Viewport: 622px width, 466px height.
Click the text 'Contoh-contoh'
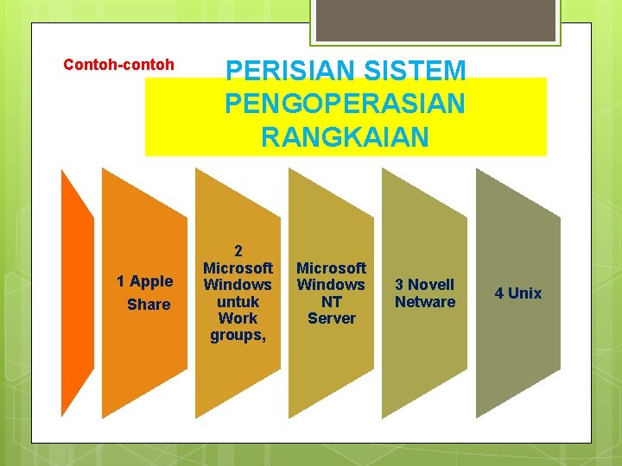tap(119, 65)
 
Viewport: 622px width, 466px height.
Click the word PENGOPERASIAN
tap(345, 104)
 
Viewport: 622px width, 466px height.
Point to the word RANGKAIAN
tap(345, 136)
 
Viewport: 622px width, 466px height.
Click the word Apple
tap(151, 280)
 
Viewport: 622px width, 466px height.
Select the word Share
tap(149, 305)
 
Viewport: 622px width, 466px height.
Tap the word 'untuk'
tap(238, 301)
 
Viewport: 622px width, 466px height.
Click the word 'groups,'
tap(238, 335)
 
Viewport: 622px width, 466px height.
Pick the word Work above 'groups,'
tap(238, 318)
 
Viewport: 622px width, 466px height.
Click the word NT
tap(332, 301)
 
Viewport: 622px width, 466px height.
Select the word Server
tap(332, 318)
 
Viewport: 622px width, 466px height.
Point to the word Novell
tap(431, 285)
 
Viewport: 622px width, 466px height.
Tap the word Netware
tap(425, 302)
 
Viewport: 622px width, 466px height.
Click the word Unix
tap(525, 293)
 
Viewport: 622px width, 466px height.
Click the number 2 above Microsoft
tap(238, 251)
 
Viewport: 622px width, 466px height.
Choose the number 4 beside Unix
tap(499, 293)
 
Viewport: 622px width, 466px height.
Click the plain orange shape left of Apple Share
tap(76, 293)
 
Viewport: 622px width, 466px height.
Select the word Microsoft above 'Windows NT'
tap(332, 268)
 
